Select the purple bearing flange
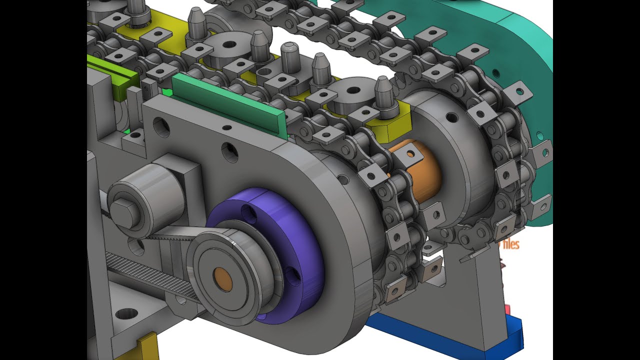tap(295, 250)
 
